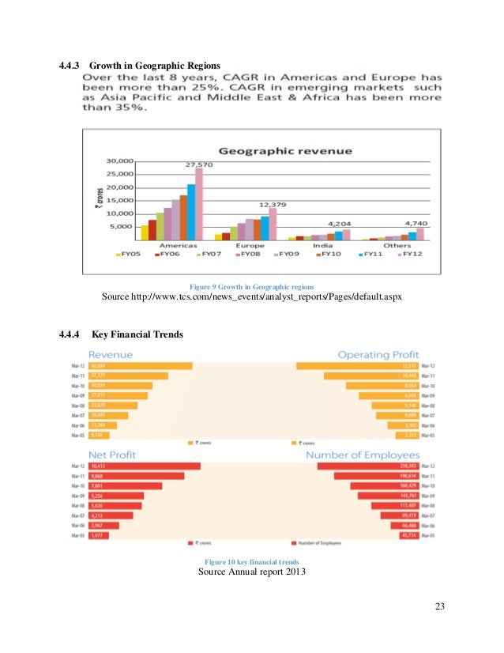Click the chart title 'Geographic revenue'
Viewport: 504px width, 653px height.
[x=285, y=150]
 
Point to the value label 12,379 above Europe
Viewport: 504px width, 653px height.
[x=272, y=202]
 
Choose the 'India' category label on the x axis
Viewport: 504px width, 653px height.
[x=322, y=246]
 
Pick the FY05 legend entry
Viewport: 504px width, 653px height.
[x=130, y=255]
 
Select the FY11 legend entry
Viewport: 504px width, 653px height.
[x=372, y=255]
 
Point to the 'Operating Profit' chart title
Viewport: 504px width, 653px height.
[x=378, y=354]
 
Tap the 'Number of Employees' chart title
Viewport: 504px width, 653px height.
[x=363, y=455]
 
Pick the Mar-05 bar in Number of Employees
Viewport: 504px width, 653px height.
[x=409, y=535]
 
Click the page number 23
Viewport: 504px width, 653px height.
[x=440, y=607]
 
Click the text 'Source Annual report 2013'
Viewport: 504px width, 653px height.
[x=252, y=572]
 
